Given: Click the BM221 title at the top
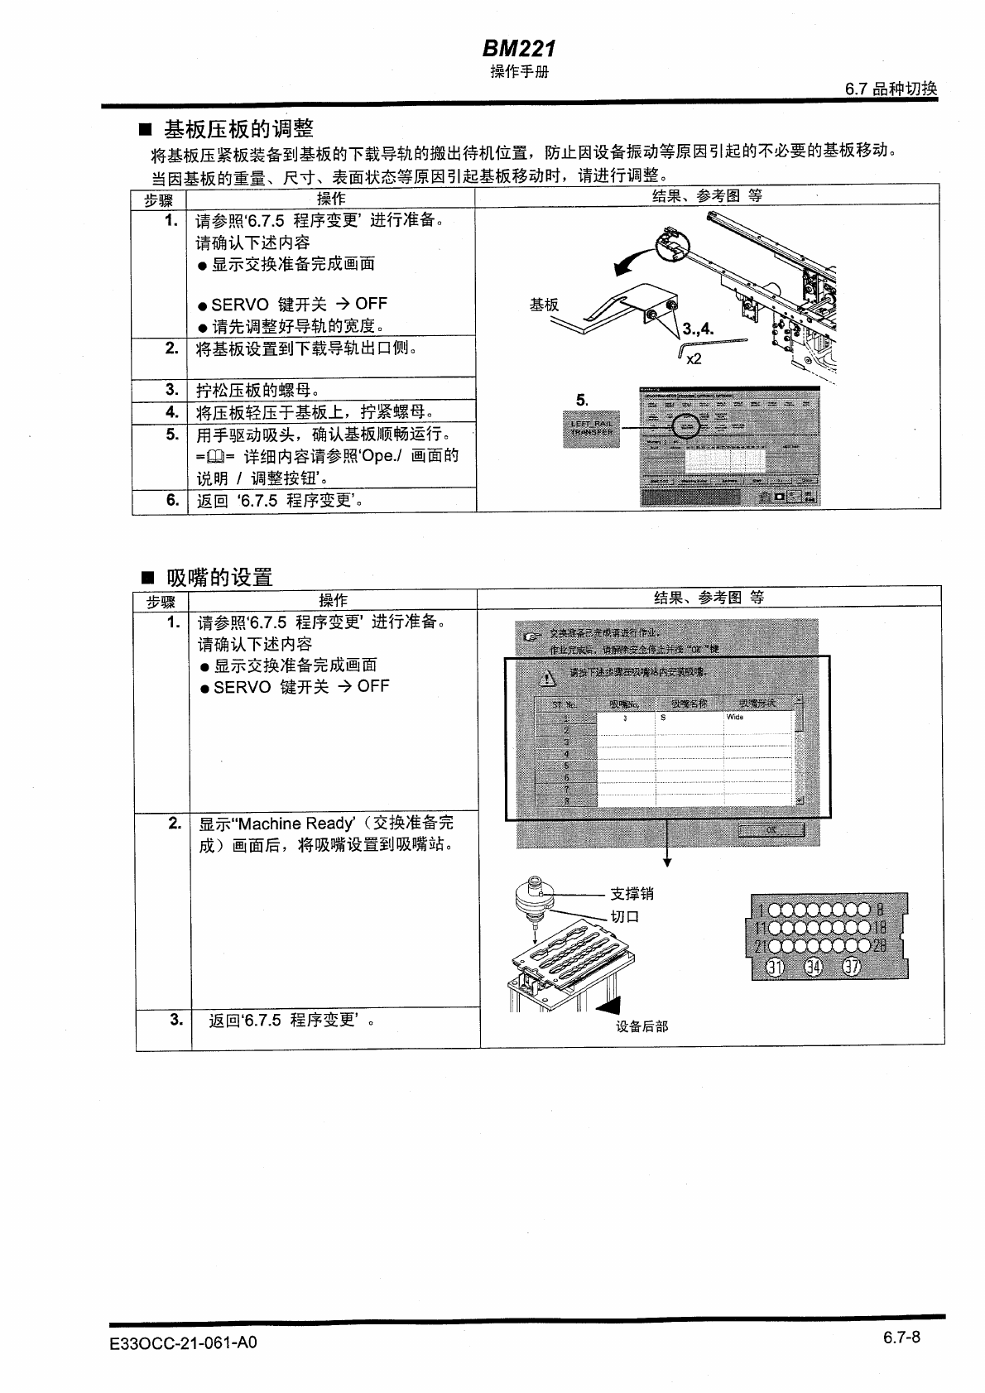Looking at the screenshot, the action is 519,49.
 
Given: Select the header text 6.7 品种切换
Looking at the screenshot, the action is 891,89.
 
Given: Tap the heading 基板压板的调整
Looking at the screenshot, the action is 238,129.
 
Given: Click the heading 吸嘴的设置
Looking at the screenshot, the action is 219,577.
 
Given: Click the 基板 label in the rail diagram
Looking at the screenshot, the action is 544,305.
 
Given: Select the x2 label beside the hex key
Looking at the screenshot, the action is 694,358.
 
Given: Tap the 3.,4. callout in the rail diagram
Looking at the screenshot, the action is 698,329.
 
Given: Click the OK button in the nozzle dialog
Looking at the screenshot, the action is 771,829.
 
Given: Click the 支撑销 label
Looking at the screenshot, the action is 632,894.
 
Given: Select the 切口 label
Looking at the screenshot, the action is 625,916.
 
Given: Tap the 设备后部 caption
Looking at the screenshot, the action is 641,1026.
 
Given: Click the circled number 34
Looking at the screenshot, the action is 814,966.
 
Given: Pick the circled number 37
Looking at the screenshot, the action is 852,966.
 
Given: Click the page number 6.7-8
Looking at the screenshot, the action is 901,1338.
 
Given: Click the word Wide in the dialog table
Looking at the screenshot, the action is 735,718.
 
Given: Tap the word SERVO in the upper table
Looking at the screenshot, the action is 240,304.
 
